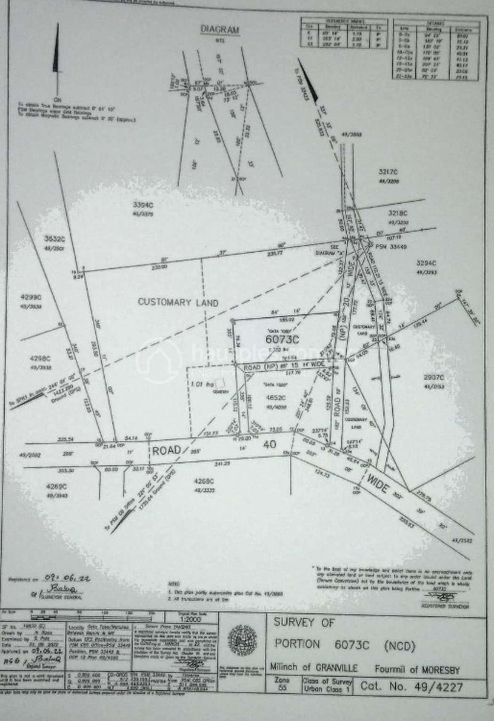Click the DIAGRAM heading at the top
point(220,30)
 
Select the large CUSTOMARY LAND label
point(178,302)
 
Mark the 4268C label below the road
point(204,481)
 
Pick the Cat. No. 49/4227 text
point(412,686)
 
